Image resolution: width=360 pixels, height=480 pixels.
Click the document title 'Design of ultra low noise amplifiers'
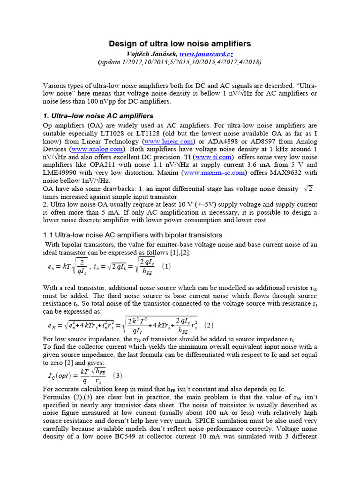click(180, 44)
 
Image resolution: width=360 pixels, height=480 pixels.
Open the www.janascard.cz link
click(206, 54)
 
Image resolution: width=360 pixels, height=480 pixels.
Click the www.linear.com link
click(168, 141)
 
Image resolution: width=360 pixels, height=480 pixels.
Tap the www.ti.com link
click(213, 157)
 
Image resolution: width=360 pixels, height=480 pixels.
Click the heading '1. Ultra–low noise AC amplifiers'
click(98, 116)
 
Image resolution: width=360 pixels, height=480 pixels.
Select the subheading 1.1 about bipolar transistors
click(133, 234)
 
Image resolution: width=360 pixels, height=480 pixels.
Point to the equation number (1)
click(166, 266)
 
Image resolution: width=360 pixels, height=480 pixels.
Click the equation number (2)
click(209, 325)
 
